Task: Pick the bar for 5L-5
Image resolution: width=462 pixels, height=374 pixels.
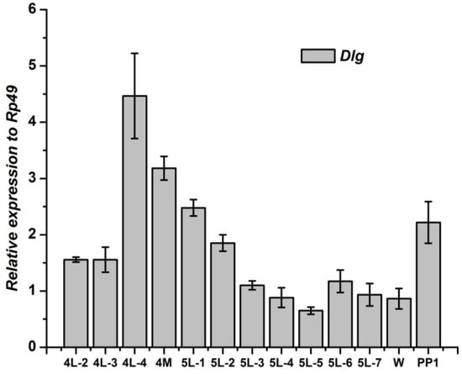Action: point(311,329)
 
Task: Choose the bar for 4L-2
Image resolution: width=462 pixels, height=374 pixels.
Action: point(76,303)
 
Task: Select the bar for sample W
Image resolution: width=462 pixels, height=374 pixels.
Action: point(399,323)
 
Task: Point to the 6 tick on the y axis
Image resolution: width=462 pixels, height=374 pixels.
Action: point(31,9)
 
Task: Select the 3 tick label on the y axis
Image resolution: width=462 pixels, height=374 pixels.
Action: point(31,178)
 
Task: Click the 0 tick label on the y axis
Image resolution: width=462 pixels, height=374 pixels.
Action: point(31,347)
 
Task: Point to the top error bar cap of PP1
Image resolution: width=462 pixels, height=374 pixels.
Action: point(428,202)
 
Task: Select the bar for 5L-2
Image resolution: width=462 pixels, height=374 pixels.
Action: point(223,295)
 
